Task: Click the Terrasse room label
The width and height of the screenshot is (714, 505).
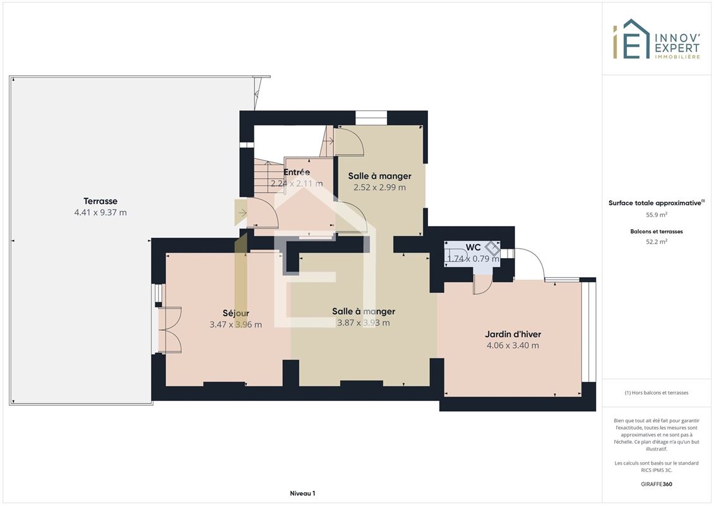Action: point(100,201)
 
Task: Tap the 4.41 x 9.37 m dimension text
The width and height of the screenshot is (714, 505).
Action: point(100,212)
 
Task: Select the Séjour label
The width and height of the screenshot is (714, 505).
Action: point(235,313)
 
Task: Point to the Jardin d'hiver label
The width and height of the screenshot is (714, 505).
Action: point(513,334)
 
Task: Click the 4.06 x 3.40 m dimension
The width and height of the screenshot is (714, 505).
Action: point(513,345)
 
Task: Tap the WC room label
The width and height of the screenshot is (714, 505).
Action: point(473,247)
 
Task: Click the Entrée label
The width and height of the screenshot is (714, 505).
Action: point(297,172)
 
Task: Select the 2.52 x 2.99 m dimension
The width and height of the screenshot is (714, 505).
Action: point(379,187)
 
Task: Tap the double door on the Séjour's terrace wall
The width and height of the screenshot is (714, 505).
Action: point(170,330)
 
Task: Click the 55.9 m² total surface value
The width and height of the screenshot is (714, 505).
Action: point(656,215)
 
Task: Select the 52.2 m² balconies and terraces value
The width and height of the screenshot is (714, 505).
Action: point(656,242)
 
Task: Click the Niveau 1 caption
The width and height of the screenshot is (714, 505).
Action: point(302,493)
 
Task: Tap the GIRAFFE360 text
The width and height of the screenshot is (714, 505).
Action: point(656,484)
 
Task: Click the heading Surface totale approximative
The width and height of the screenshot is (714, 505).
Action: point(655,203)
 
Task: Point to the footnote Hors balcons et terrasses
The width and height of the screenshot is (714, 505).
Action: point(656,393)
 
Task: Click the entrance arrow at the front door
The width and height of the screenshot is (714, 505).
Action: point(242,213)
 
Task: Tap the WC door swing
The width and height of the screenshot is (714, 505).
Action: point(483,285)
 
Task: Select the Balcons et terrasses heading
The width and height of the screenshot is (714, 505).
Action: point(656,231)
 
